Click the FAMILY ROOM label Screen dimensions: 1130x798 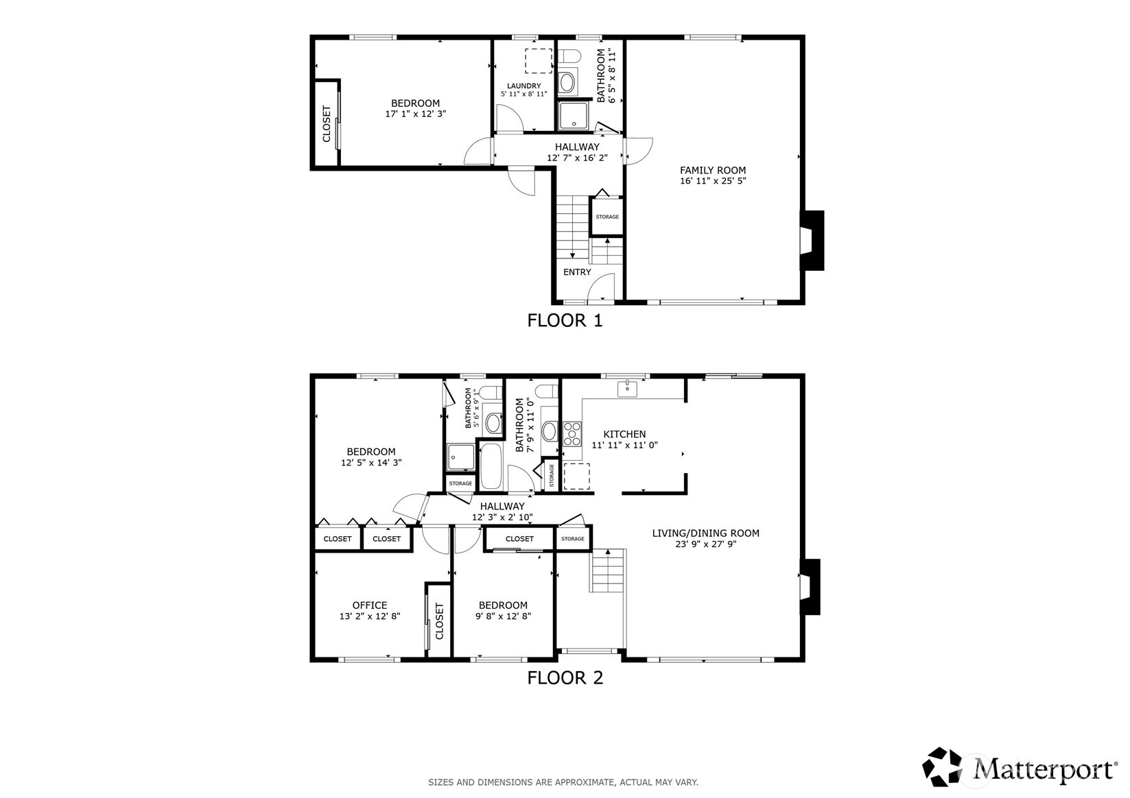pos(713,171)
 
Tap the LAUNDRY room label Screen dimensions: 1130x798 pos(523,86)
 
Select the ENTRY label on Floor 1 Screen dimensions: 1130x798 pos(577,272)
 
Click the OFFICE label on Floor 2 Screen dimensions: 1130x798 pos(370,605)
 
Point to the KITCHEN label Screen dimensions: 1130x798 pos(624,434)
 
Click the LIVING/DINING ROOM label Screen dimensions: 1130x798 pos(706,533)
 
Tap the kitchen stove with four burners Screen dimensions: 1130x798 pos(572,433)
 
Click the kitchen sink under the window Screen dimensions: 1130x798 pos(627,389)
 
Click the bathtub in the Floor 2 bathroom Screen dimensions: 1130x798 pos(491,465)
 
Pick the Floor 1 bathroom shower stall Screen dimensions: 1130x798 pos(574,116)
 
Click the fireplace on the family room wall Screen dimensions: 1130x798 pos(812,241)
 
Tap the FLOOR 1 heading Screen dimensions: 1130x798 pos(565,321)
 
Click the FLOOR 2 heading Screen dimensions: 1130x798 pos(565,678)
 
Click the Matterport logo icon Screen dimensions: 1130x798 pos(942,766)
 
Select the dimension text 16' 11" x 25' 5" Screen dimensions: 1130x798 pos(713,181)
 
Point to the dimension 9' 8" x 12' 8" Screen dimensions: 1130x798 pos(503,616)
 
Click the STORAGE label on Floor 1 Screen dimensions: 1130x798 pos(607,217)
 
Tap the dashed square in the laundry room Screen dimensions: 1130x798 pos(539,61)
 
